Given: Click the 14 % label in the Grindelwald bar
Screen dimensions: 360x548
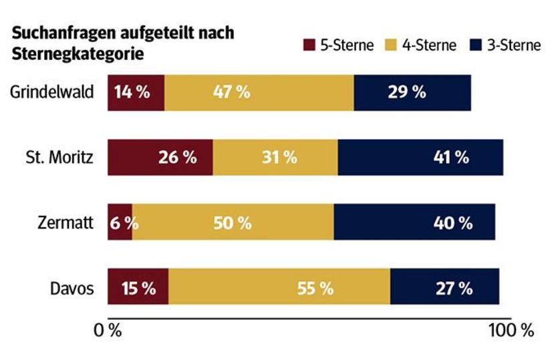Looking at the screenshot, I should [132, 93].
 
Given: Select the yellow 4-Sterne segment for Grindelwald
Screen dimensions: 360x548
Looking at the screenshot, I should [259, 93].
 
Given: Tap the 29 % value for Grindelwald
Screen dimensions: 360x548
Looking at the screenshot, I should [406, 93].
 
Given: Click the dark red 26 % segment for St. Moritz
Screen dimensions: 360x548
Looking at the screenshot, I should [160, 158].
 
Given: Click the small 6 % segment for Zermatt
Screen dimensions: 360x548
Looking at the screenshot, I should [120, 222].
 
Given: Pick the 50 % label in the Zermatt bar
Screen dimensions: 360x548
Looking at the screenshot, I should [233, 222].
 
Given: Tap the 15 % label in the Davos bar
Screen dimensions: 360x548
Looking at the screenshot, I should [138, 288].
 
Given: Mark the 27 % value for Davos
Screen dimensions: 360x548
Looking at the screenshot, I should [455, 288].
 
